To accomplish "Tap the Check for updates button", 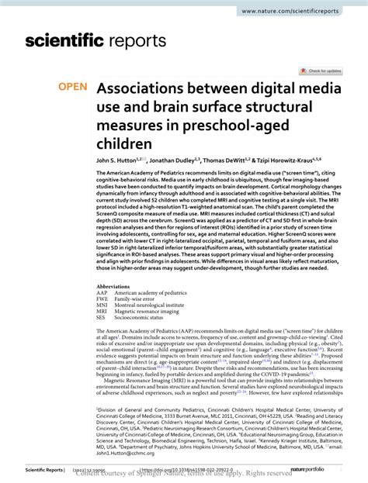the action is [x=325, y=71].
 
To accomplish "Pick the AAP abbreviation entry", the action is [x=102, y=293].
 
